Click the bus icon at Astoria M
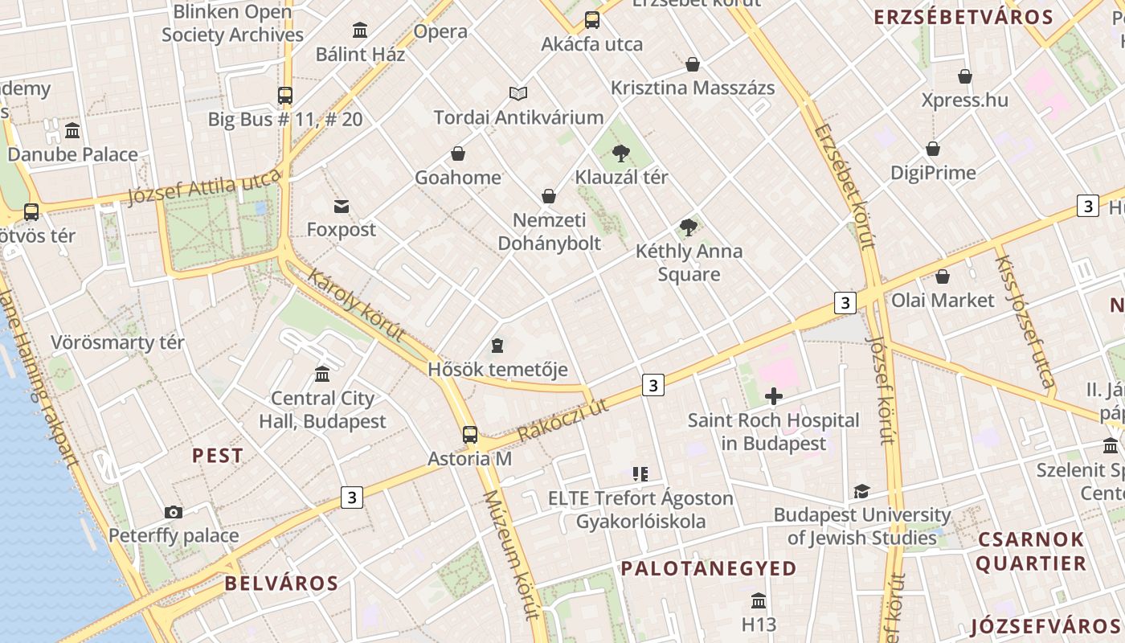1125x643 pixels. tap(470, 435)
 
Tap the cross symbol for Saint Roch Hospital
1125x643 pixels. tap(774, 395)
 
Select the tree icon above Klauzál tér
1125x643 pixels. tap(620, 153)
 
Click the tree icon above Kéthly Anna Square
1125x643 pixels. tap(688, 227)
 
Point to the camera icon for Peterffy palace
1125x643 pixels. tap(173, 512)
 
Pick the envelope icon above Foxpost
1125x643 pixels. tap(342, 207)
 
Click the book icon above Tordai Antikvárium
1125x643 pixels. tap(518, 94)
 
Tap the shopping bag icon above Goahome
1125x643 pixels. tap(458, 154)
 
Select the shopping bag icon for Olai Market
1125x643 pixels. tap(943, 276)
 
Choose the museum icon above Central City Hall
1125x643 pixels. tap(322, 375)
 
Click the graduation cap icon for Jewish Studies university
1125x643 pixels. tap(861, 491)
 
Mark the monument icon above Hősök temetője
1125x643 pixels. tap(497, 346)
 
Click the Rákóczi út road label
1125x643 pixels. tap(562, 420)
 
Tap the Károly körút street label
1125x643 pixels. tap(356, 305)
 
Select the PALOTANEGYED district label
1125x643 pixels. tap(708, 568)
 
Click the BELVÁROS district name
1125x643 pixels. tap(281, 583)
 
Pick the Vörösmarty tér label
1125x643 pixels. tap(118, 342)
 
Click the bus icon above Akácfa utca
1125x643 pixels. tap(592, 20)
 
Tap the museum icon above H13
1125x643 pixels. tap(758, 600)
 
